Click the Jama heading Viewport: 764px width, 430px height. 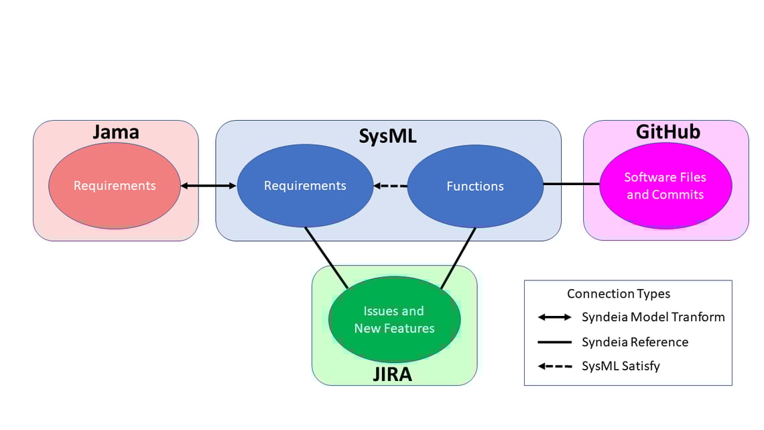pyautogui.click(x=115, y=132)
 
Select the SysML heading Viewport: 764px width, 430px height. pyautogui.click(x=387, y=136)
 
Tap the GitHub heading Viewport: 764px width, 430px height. pyautogui.click(x=667, y=131)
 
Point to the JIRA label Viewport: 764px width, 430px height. pyautogui.click(x=392, y=374)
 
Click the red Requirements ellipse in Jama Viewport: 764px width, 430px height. pyautogui.click(x=115, y=186)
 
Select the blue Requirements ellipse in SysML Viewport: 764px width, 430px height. pyautogui.click(x=305, y=186)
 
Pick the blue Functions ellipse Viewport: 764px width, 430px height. pyautogui.click(x=475, y=186)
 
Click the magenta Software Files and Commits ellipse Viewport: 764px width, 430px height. pyautogui.click(x=665, y=186)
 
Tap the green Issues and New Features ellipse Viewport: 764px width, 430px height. pyautogui.click(x=394, y=319)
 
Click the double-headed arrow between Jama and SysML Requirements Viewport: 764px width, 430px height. pyautogui.click(x=208, y=186)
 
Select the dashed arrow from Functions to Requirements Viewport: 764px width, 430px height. pyautogui.click(x=390, y=186)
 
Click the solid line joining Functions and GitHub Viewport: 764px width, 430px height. pyautogui.click(x=571, y=183)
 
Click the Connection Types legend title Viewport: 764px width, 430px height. pyautogui.click(x=618, y=294)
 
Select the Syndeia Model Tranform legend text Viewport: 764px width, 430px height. pyautogui.click(x=653, y=317)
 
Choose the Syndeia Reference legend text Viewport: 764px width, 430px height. pyautogui.click(x=635, y=342)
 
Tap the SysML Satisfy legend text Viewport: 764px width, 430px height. pyautogui.click(x=621, y=366)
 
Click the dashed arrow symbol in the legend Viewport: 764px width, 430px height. pyautogui.click(x=554, y=366)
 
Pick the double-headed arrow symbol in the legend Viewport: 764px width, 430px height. pyautogui.click(x=554, y=317)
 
